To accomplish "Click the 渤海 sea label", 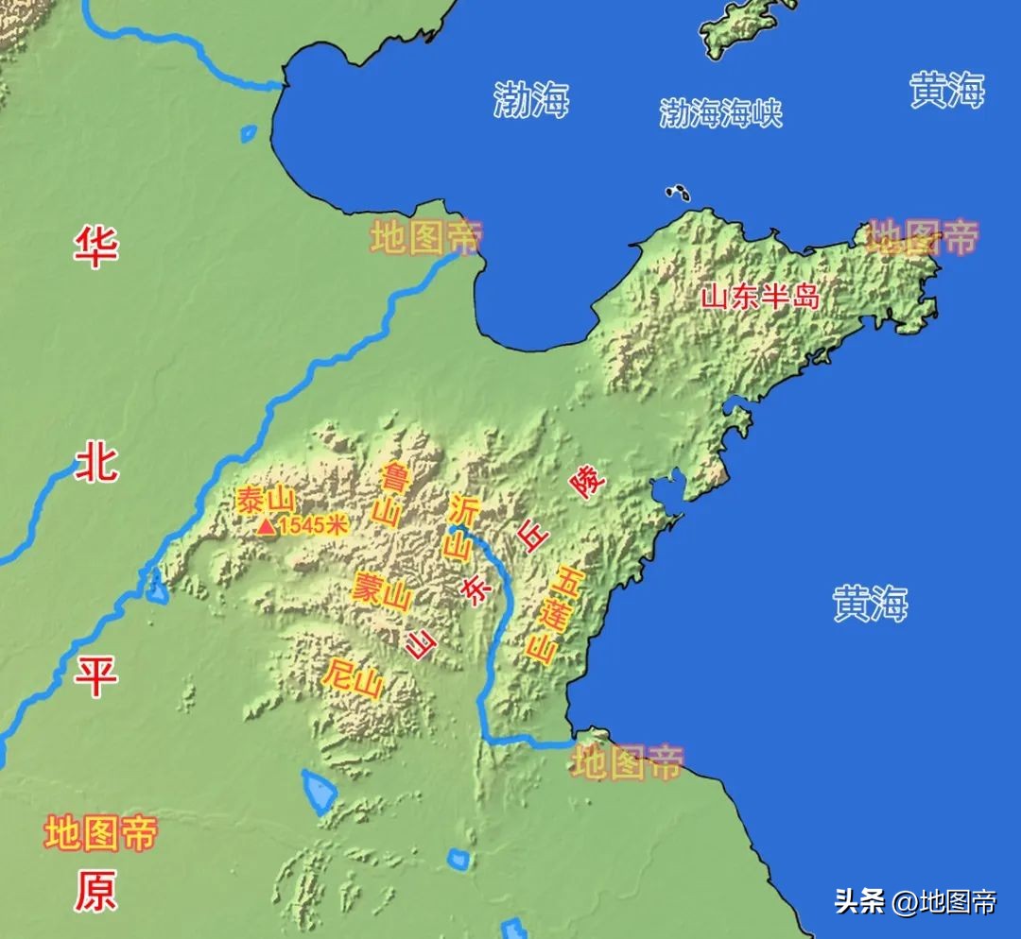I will point(531,99).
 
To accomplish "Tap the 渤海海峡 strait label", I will point(721,113).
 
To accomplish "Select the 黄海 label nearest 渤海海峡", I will point(947,91).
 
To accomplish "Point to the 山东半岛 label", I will point(759,297).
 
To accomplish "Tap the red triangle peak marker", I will point(268,527).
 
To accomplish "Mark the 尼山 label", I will point(353,677).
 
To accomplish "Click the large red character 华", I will point(96,248).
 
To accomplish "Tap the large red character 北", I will point(96,463).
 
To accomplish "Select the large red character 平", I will point(96,676).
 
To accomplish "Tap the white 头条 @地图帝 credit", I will point(914,902).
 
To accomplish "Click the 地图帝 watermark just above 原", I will point(100,834).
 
